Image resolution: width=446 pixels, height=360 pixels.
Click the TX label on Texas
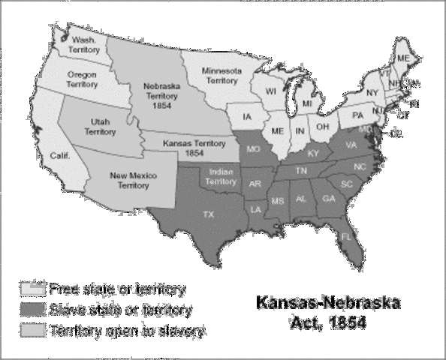(x=209, y=214)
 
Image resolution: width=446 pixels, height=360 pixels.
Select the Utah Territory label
(x=100, y=125)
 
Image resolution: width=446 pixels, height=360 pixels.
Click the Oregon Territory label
(x=82, y=79)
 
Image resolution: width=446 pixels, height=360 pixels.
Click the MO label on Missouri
(x=254, y=150)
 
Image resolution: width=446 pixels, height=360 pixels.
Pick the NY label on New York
(x=372, y=92)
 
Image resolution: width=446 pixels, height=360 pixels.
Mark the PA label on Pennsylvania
(x=358, y=115)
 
